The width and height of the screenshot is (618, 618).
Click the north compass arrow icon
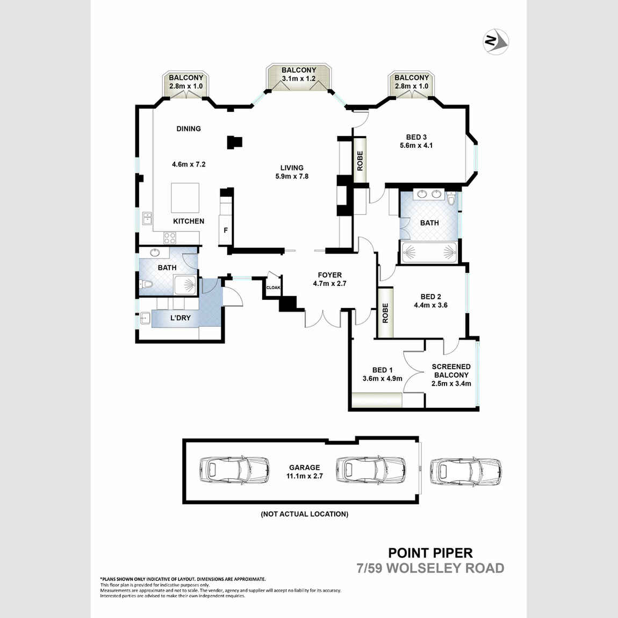495,41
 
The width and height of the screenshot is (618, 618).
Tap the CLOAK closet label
273,288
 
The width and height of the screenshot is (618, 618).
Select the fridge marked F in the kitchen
226,231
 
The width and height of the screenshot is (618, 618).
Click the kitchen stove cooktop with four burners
170,237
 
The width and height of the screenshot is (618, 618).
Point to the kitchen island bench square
185,198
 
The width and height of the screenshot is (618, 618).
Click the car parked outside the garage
466,471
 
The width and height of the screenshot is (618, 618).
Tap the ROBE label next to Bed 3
360,161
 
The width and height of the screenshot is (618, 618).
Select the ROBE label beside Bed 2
385,313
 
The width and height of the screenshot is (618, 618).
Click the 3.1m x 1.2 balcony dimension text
299,78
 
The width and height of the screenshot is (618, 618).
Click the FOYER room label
329,275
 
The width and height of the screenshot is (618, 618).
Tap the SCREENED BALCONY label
451,371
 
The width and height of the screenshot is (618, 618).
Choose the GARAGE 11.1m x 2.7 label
304,471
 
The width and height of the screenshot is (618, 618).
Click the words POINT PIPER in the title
430,552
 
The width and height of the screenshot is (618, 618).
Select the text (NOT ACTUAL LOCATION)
304,514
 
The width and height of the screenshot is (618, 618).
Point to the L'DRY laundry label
181,318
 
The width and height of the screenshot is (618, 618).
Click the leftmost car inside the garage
226,471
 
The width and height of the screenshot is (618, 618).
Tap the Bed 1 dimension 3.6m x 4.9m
382,378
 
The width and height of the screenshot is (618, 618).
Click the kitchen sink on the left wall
147,218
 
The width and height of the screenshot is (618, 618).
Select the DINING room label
189,128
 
